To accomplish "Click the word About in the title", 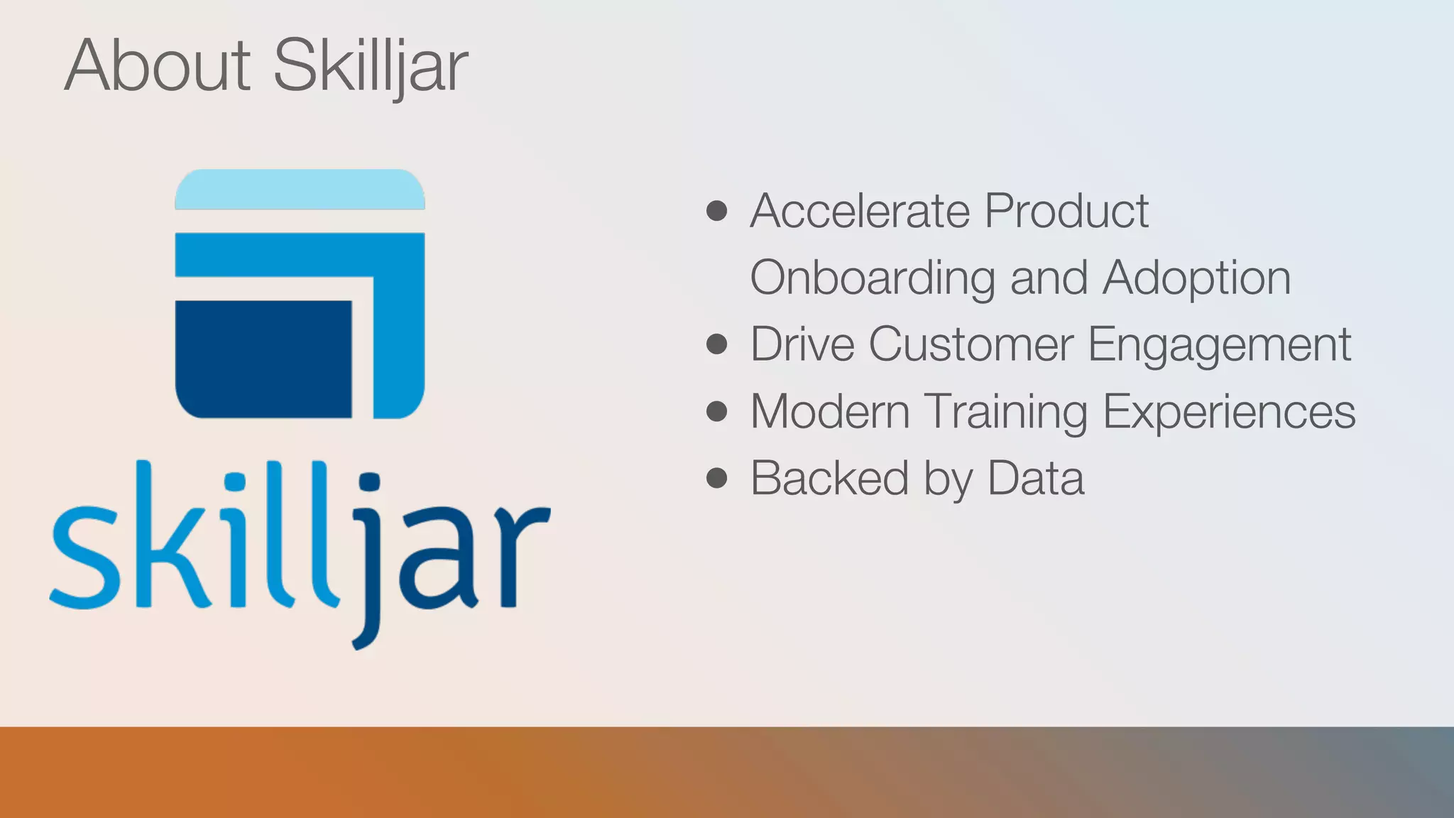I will (x=158, y=65).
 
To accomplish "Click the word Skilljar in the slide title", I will (x=370, y=67).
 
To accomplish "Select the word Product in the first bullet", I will (x=1066, y=211).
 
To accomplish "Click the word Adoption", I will (x=1196, y=278).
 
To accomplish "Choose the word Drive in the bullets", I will (x=802, y=344).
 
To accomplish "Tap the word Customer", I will (x=971, y=344).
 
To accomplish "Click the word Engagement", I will (x=1219, y=346).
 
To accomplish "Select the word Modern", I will (x=829, y=412).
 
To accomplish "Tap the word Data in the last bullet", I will (x=1036, y=479).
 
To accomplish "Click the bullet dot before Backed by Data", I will (x=717, y=479).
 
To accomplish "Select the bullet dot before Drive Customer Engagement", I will (x=717, y=344).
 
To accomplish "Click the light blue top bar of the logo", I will (x=300, y=190).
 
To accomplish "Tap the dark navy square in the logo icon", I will (x=263, y=359).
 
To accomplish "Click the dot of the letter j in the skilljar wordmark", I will (x=370, y=484).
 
